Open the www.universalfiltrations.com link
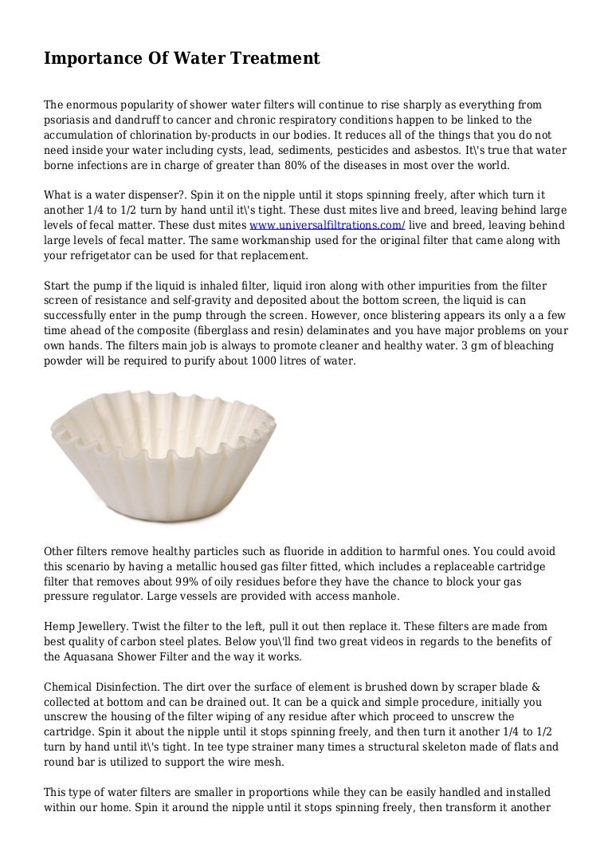328,226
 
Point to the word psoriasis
69,120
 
